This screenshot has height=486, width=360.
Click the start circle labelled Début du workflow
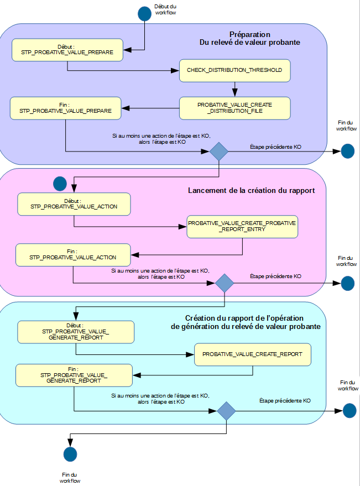(x=144, y=14)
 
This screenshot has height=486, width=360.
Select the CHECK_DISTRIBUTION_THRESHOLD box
(x=234, y=70)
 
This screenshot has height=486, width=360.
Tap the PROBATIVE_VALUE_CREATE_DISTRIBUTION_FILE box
(x=234, y=108)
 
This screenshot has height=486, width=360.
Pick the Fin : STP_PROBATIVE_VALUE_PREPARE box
(x=66, y=108)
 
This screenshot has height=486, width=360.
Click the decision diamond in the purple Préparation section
(x=219, y=151)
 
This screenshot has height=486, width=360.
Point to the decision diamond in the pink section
(x=225, y=283)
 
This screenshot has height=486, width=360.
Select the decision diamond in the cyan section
(x=226, y=411)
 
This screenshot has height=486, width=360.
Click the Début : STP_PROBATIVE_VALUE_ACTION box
(x=74, y=205)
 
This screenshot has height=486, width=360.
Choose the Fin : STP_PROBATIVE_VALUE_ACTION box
(x=73, y=255)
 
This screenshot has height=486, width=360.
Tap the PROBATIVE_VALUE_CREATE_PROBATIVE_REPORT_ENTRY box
(x=242, y=226)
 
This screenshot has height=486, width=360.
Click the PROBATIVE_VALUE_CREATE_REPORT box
(x=252, y=354)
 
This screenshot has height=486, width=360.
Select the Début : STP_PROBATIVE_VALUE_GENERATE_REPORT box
(x=76, y=332)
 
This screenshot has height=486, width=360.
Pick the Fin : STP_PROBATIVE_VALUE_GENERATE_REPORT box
(x=74, y=375)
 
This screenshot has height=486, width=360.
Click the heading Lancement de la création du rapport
(x=251, y=191)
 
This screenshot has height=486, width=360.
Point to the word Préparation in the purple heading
(x=250, y=34)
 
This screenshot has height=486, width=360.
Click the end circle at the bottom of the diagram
(x=70, y=454)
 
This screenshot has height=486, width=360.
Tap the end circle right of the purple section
(x=347, y=151)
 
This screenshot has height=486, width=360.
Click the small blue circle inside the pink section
(x=59, y=183)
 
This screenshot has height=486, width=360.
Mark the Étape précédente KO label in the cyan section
(x=285, y=400)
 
